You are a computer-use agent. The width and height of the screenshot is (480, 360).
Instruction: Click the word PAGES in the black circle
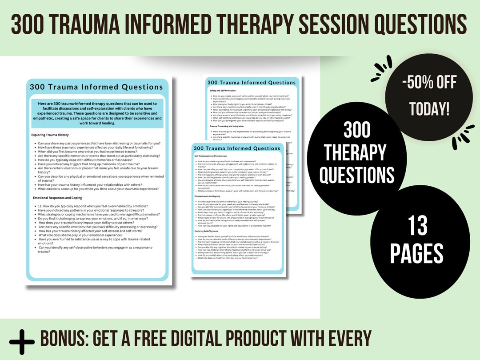[x=416, y=254]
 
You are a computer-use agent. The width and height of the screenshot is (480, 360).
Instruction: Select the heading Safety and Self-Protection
[x=225, y=91]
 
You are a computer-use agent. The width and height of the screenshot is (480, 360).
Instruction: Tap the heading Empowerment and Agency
[x=208, y=196]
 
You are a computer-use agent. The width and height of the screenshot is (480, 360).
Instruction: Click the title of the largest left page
[x=96, y=87]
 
